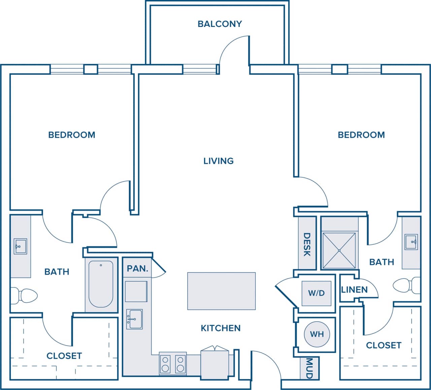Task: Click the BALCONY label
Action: [220, 24]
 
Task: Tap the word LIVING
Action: [218, 161]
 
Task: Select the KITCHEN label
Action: [221, 328]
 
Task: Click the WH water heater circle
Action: [317, 334]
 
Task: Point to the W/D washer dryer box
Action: [316, 293]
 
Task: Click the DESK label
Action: [307, 244]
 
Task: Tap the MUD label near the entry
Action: [309, 368]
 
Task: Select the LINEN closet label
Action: [354, 290]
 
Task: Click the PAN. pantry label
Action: [137, 269]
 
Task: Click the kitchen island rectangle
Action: [221, 291]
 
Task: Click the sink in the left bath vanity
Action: [20, 246]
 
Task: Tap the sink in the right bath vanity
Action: [411, 241]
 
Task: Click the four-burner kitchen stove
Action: [173, 364]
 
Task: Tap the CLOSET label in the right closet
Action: [383, 345]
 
